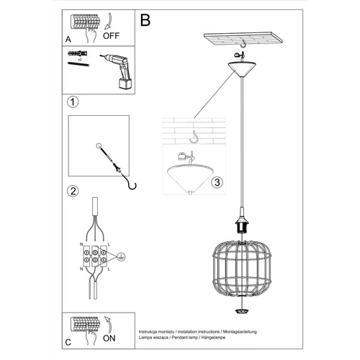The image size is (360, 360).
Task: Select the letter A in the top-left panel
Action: tap(68, 40)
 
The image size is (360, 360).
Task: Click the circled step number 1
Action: tap(73, 102)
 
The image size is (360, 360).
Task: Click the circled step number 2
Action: tap(73, 192)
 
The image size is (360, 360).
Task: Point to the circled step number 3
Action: tap(216, 183)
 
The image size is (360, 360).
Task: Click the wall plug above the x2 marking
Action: tap(76, 55)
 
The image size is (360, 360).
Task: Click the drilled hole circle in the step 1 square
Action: tap(97, 146)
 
